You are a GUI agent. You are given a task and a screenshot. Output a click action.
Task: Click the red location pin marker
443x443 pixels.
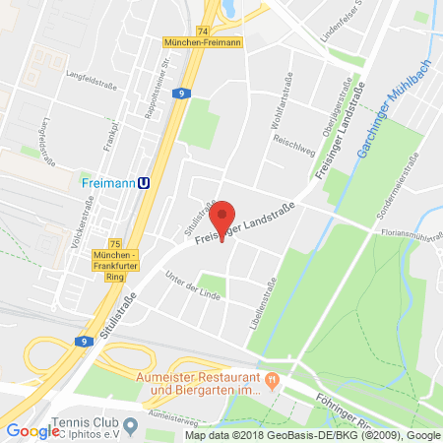[x=224, y=218]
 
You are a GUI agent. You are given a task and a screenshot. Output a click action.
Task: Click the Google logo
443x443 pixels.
[x=32, y=429]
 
